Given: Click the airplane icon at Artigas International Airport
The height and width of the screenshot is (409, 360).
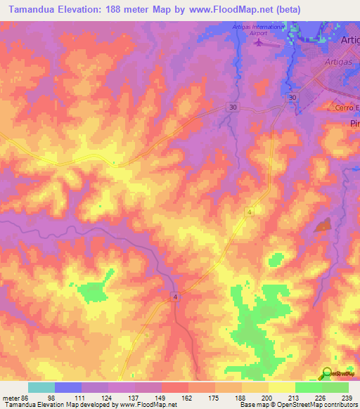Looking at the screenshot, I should tap(258, 43).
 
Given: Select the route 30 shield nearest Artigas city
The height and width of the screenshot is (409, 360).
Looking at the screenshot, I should tap(291, 97).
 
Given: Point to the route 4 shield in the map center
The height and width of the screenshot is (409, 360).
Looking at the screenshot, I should tap(249, 211).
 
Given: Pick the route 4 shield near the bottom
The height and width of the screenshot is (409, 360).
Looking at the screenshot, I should tap(175, 297).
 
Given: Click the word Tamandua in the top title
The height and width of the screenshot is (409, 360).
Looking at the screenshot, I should tap(30, 10).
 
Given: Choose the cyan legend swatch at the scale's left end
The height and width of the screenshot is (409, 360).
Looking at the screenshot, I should tap(41, 387).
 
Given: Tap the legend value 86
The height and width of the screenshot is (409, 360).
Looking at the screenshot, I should tap(27, 397).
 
